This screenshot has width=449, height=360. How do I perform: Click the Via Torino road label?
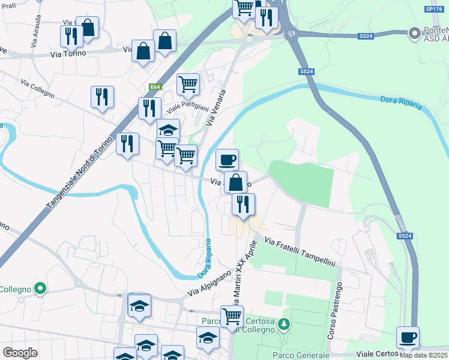pos(68,53)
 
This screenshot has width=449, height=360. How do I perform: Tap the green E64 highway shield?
pos(155,87)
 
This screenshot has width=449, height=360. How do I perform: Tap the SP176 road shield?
pos(433,9)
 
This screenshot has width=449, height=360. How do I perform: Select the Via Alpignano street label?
pos(209,283)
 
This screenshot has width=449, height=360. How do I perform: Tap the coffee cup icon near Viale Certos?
pos(408,337)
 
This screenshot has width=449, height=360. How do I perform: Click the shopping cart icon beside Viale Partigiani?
pos(188,84)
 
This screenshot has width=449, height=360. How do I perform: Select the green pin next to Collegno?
pos(40,289)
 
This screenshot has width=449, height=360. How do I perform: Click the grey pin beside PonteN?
pos(414,34)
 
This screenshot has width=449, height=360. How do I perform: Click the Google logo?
pos(20,352)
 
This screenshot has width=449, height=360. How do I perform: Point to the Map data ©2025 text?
pos(423,355)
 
